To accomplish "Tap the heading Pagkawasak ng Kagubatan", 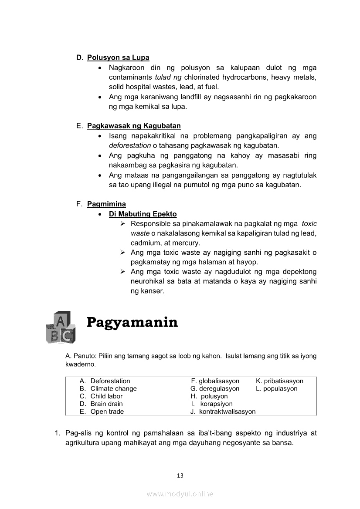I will tap(134, 126).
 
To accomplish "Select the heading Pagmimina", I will tap(106, 204).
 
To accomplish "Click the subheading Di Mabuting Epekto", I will tap(143, 214).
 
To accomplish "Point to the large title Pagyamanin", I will tap(132, 323).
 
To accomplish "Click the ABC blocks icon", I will tap(60, 327).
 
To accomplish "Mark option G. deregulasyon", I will tap(215, 388).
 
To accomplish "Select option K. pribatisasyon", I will tap(279, 381).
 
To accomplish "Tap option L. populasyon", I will tap(277, 388).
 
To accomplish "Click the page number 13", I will tap(180, 475).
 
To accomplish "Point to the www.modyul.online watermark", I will tap(180, 494).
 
